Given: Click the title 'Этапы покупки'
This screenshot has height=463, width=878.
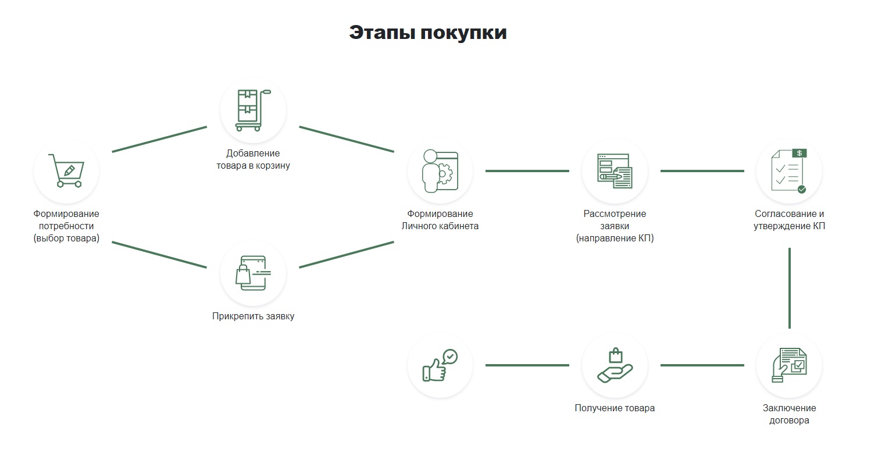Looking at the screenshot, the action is (x=427, y=33).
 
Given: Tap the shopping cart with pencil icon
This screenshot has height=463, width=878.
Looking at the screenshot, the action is (x=66, y=170).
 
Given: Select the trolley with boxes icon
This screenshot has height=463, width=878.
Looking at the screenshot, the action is (x=253, y=111).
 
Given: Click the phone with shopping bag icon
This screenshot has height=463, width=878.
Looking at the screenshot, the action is (x=253, y=273).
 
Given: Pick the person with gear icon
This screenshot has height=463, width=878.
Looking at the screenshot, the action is (x=440, y=171).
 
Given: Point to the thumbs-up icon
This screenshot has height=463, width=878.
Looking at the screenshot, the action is (x=440, y=365).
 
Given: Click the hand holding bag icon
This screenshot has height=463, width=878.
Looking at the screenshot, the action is (x=615, y=365).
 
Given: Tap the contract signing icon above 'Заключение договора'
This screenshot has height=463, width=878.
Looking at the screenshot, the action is (x=789, y=365).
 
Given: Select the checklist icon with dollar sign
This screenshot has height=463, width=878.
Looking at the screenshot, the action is (x=789, y=171).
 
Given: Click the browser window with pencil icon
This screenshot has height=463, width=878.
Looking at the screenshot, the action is (x=615, y=171).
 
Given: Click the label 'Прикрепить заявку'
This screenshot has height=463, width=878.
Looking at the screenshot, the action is (x=253, y=316).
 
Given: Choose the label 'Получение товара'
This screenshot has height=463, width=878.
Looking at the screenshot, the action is (x=615, y=408).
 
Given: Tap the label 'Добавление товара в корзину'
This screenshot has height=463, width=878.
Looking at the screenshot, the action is (x=253, y=159).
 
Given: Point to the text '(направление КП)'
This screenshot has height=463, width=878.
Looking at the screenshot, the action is (x=615, y=238).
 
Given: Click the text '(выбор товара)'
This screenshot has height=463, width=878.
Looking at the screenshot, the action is (x=66, y=238).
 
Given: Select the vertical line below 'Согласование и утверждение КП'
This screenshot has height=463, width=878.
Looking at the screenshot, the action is (x=790, y=288).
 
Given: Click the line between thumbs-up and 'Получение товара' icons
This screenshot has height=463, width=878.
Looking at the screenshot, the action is (x=527, y=365).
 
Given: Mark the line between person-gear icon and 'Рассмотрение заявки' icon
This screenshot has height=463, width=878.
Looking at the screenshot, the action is (x=527, y=171).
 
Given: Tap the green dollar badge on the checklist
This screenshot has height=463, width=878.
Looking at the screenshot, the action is (x=800, y=153).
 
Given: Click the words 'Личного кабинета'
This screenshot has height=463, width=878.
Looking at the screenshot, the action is (x=440, y=226).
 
